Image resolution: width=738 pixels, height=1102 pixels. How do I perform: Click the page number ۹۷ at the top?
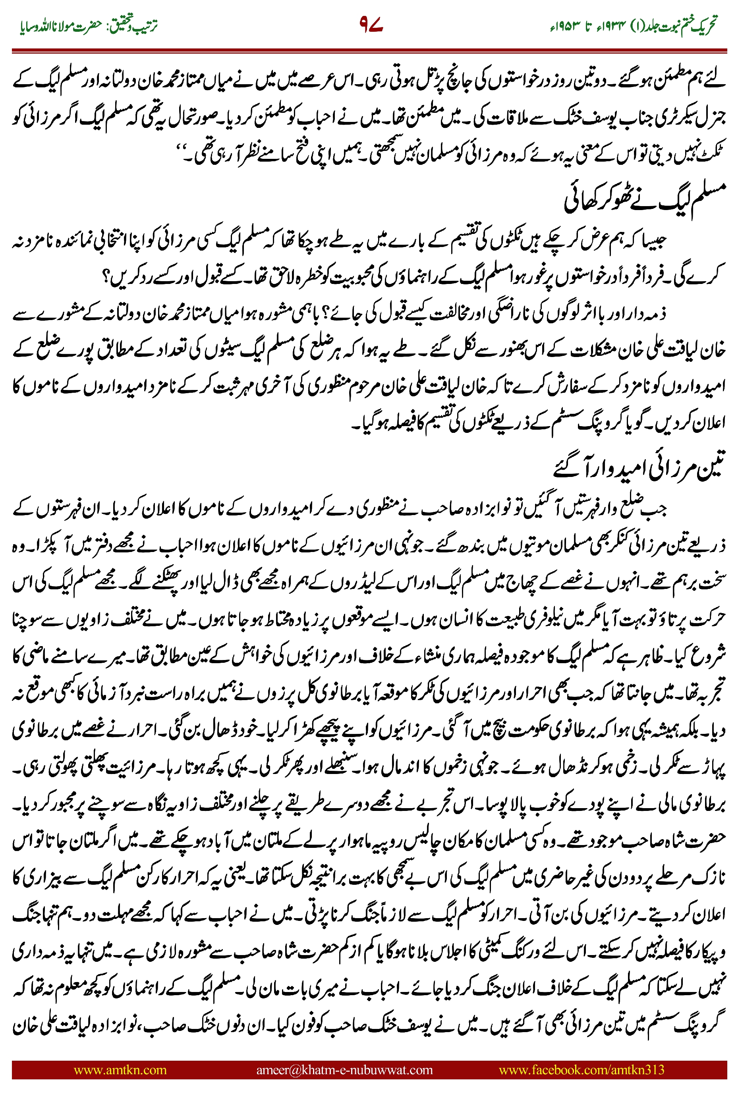[x=371, y=25]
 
